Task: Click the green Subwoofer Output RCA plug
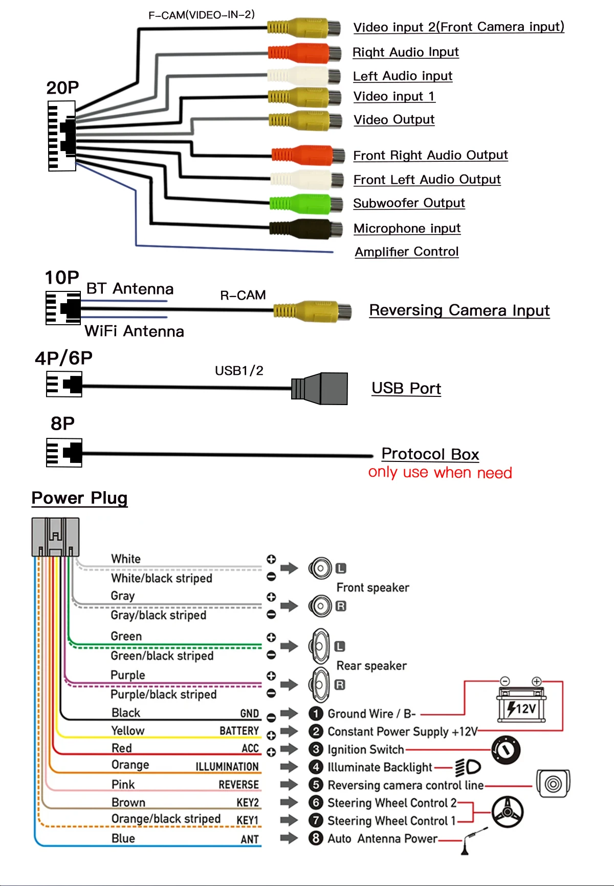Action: pos(306,204)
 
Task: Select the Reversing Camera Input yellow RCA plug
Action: pos(312,311)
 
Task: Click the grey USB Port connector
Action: pos(320,389)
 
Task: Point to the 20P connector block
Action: pos(62,136)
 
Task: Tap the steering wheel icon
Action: pos(507,812)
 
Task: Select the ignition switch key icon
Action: pos(506,750)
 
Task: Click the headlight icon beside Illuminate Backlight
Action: pos(468,767)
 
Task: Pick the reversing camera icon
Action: pos(553,784)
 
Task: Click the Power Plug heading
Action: pos(79,498)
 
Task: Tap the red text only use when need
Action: pos(440,473)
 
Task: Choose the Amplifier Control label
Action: pos(407,252)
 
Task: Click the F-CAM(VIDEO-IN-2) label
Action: pos(202,15)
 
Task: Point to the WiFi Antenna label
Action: pos(134,331)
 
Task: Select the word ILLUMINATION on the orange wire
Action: pos(227,767)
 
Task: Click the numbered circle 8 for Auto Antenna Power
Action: pos(316,838)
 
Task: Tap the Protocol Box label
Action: pos(430,454)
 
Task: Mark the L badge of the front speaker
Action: pos(341,568)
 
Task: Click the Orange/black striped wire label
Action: pos(166,819)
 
